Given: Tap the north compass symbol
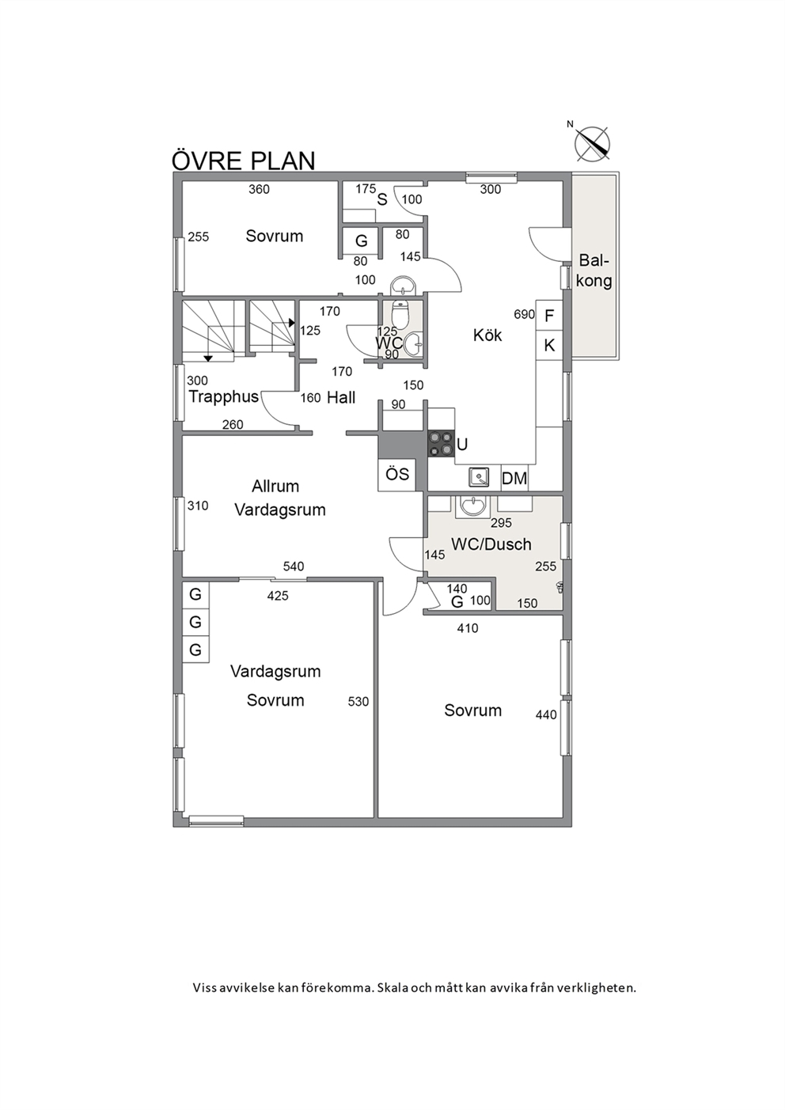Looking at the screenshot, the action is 592,144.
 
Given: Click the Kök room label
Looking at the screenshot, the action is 487,335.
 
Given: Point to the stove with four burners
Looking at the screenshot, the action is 441,443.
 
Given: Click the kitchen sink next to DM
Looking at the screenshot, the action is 479,478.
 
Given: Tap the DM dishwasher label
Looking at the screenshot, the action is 514,479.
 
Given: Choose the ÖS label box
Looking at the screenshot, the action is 397,475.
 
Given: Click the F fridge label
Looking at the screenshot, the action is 549,315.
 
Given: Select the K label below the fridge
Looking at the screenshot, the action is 549,346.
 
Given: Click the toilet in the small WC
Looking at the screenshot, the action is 399,312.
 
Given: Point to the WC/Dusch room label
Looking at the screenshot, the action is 491,544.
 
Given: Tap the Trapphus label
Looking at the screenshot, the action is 223,396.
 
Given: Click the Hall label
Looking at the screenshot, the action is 341,397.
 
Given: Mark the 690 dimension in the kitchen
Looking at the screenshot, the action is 525,314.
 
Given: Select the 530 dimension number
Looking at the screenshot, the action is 358,702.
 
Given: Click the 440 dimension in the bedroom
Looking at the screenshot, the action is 546,714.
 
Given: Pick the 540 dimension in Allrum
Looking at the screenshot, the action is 294,566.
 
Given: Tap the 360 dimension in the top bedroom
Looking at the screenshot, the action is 259,189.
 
